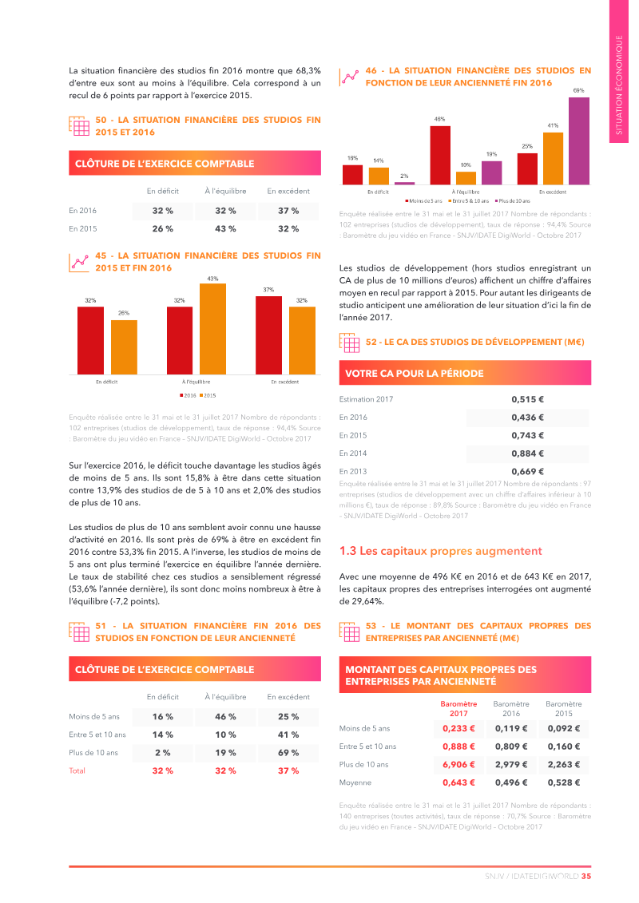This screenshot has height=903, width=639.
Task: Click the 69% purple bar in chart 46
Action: tap(578, 141)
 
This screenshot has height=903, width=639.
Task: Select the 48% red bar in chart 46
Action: tap(440, 155)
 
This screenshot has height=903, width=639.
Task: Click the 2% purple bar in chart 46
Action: tap(404, 183)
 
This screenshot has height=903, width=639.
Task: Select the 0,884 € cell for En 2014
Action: tap(527, 453)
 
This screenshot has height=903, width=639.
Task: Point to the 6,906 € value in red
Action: tap(458, 764)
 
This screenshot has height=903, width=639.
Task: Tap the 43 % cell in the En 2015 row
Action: tap(224, 228)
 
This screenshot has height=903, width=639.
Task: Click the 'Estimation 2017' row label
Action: tap(366, 399)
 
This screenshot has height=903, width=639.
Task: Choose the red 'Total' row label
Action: tap(77, 770)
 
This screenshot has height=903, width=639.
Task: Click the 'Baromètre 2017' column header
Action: tap(458, 708)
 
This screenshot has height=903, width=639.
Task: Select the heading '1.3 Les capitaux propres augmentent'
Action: tap(440, 551)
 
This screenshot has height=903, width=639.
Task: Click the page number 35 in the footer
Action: tap(586, 876)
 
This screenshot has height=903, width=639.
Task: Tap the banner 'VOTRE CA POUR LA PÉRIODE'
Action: tap(414, 373)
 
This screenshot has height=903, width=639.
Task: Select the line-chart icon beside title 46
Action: tap(349, 77)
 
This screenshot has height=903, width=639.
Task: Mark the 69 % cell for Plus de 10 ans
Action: tap(288, 752)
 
